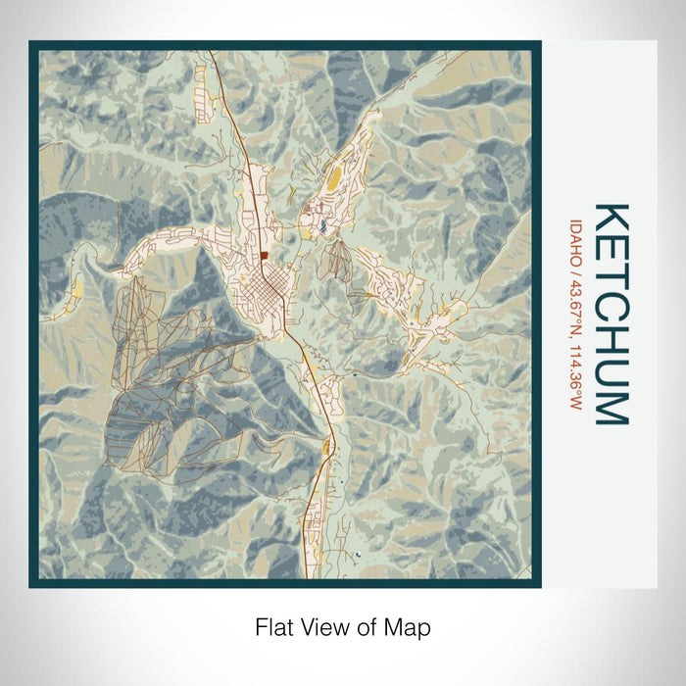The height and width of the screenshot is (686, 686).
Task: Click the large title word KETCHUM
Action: click(x=611, y=314)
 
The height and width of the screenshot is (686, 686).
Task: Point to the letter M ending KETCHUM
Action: click(x=611, y=407)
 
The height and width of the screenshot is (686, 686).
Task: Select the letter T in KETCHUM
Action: click(x=611, y=277)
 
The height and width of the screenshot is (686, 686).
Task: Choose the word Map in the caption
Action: click(x=410, y=626)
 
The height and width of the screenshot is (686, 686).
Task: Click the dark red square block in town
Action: click(x=265, y=257)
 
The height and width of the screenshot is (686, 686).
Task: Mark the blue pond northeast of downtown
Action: click(x=321, y=227)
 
